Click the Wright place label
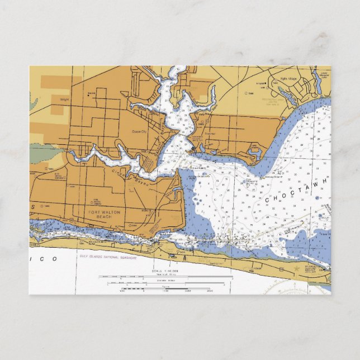click(64, 100)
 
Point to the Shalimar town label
click(210, 134)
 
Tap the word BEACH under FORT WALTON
click(104, 216)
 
